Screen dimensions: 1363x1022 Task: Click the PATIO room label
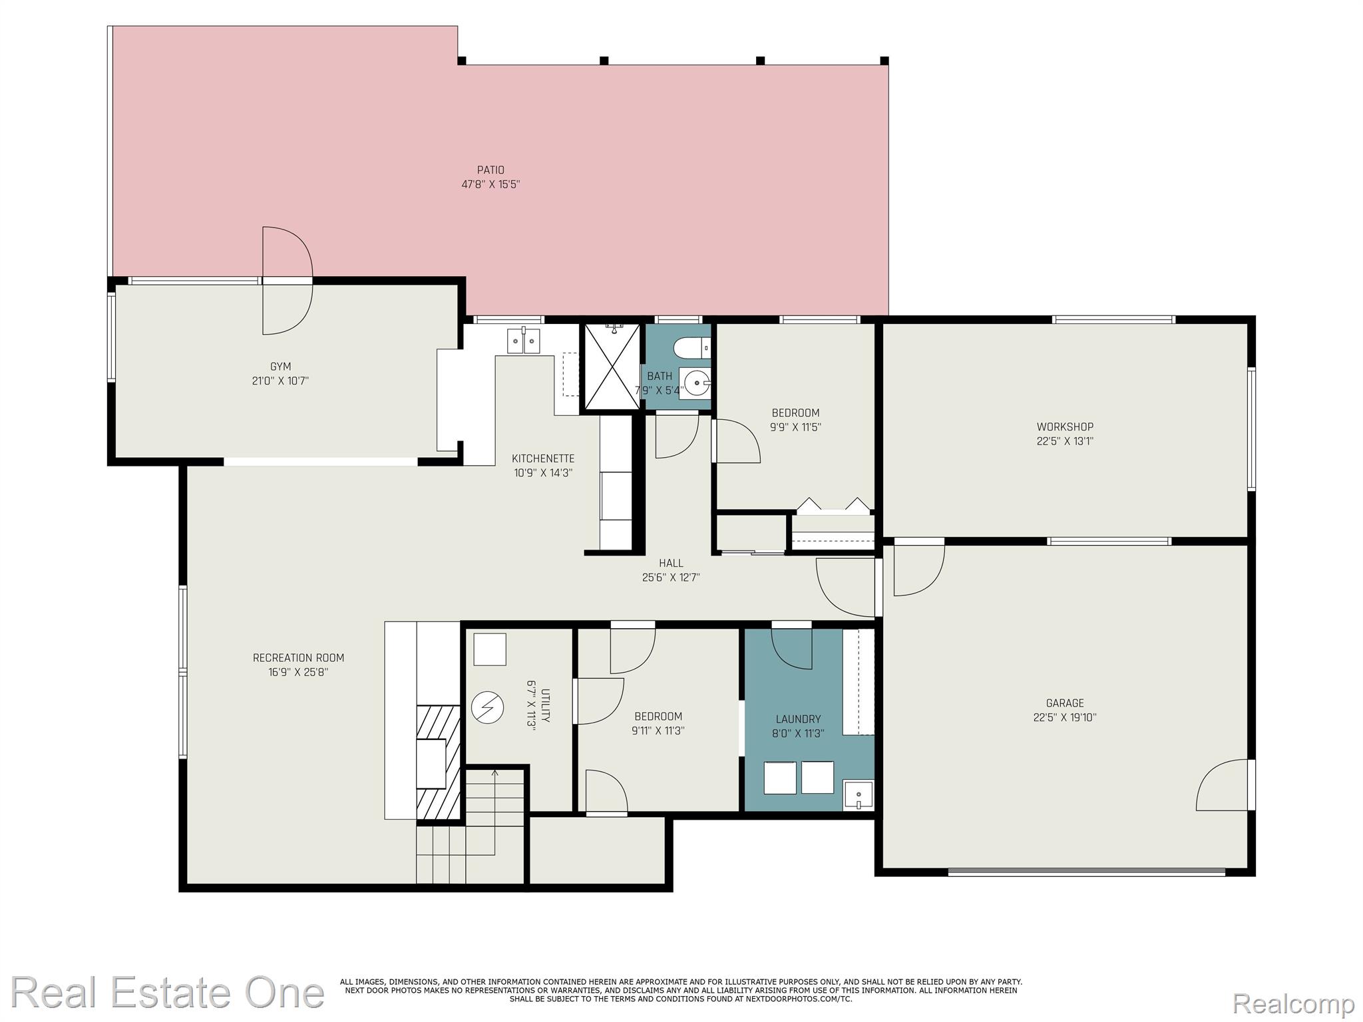490,170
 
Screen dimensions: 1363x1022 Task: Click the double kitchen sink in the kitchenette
524,341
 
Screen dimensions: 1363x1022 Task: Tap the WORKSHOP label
1065,426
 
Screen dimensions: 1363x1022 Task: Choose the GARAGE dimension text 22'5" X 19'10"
1065,717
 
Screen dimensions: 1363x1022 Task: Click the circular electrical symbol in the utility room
487,707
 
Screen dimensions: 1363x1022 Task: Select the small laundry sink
859,794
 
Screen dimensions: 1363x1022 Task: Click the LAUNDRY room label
798,719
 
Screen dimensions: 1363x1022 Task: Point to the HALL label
671,563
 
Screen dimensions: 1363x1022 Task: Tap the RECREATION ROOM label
298,658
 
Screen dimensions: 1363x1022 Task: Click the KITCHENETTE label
542,458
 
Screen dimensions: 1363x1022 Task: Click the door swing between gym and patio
287,280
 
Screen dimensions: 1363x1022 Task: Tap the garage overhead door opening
1086,872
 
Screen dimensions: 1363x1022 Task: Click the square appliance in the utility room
490,649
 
